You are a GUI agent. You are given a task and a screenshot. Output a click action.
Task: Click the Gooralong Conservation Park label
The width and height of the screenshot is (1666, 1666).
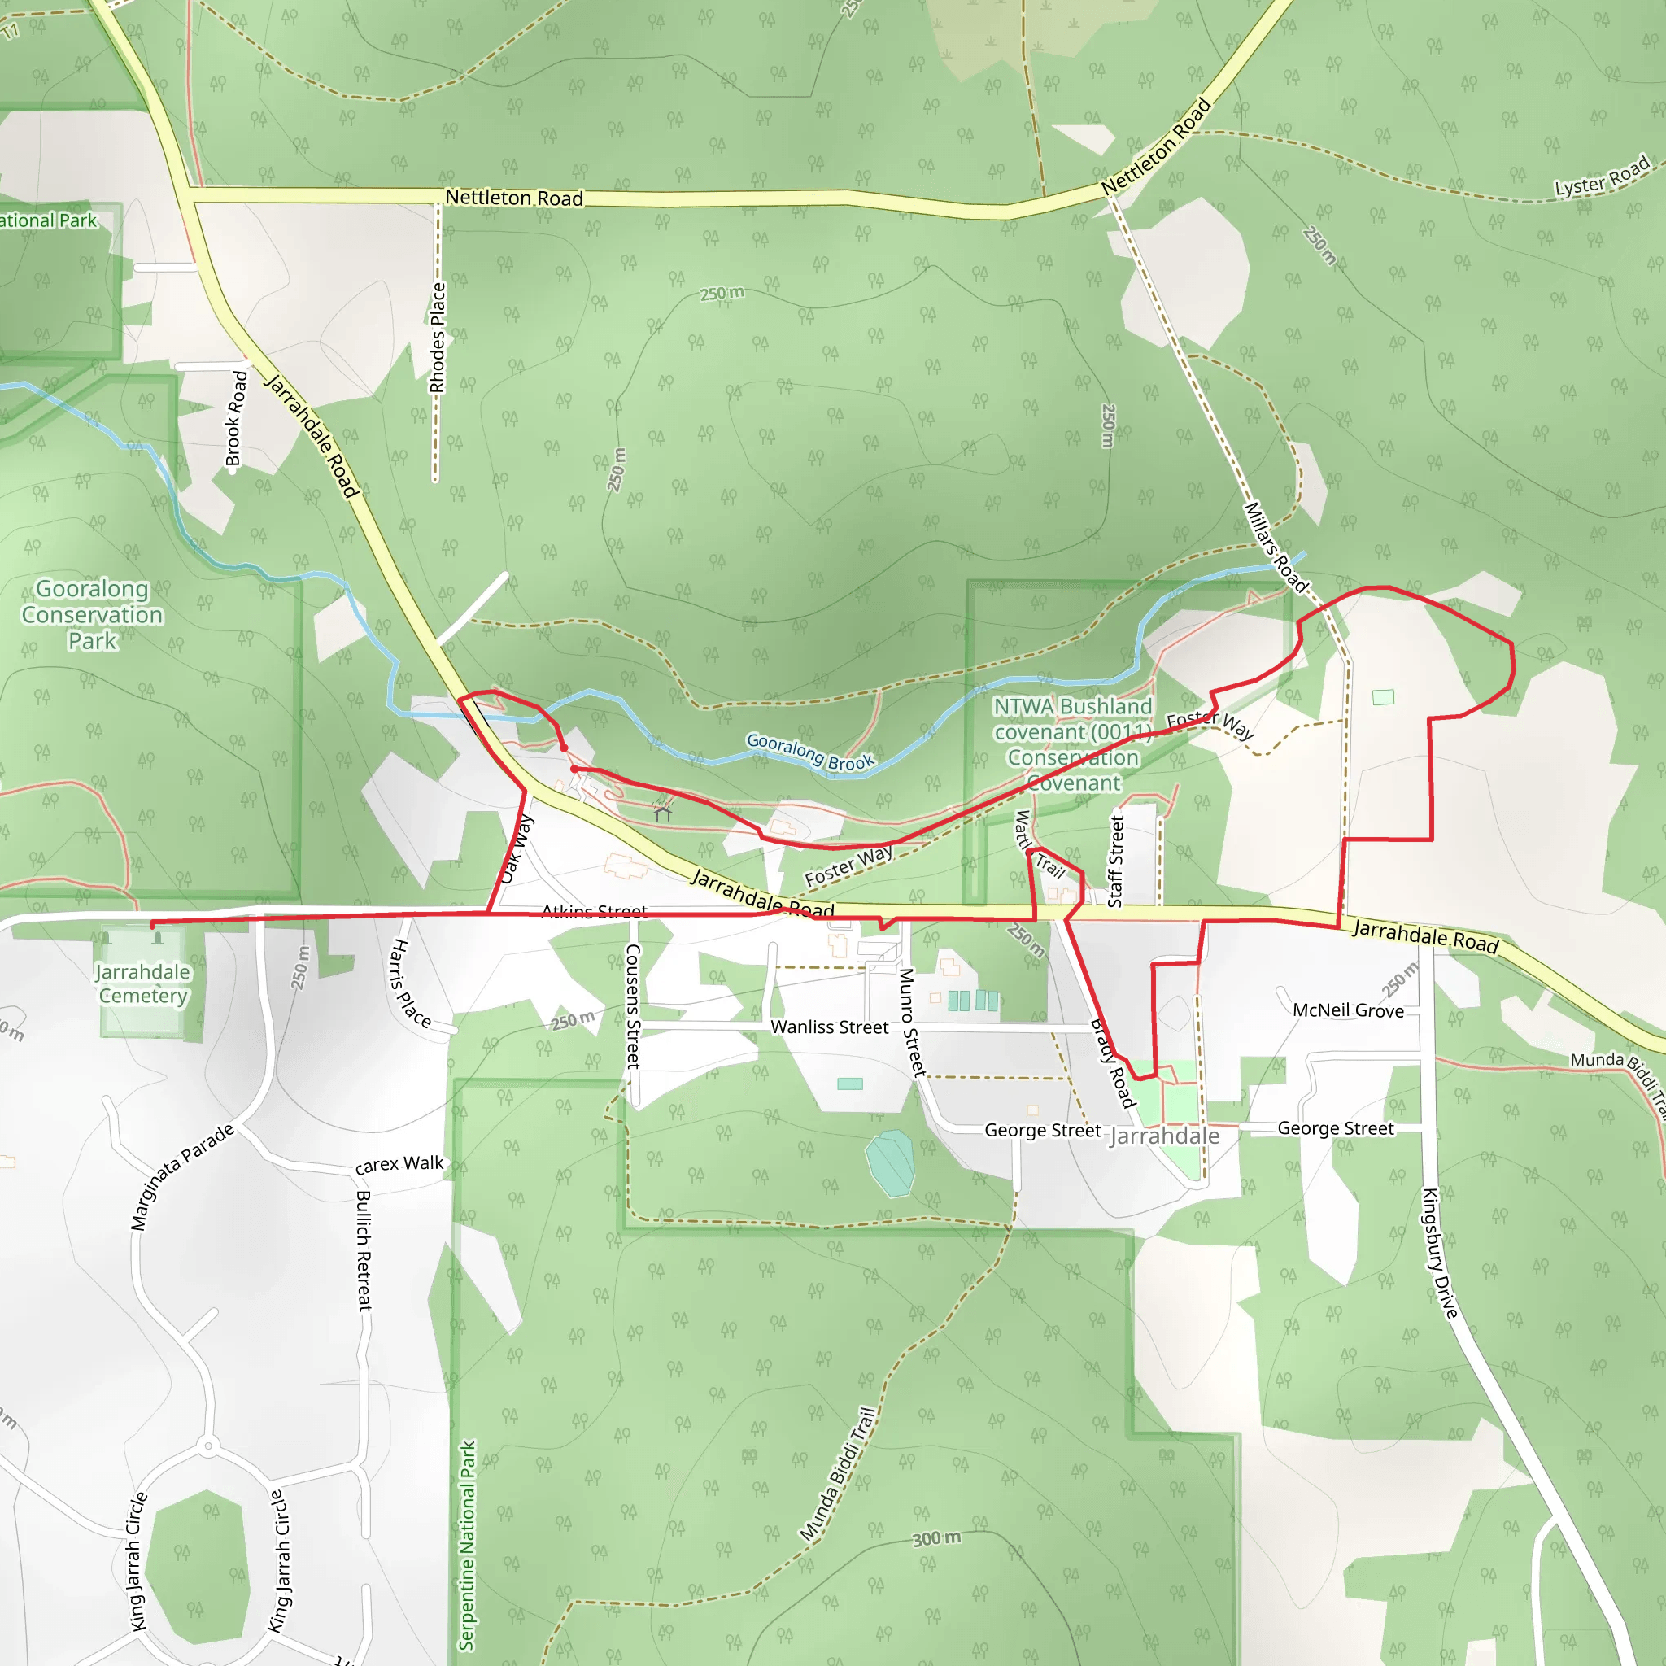coord(92,615)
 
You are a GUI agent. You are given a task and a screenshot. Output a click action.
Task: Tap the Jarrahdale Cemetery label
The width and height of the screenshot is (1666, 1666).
coord(142,984)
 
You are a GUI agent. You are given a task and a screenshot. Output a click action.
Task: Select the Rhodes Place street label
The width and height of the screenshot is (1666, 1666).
coord(438,337)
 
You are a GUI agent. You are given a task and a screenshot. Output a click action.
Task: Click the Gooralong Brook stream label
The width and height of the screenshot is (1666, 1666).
coord(809,752)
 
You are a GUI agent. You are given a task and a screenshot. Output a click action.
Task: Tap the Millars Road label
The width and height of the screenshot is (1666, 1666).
coord(1276,547)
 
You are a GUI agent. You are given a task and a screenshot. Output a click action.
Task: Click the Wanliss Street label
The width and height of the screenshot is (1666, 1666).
coord(829,1027)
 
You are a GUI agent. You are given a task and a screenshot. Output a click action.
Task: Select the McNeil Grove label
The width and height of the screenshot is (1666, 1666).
coord(1348,1010)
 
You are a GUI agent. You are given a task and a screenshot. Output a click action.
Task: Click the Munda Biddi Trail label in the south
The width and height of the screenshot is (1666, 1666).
coord(837,1475)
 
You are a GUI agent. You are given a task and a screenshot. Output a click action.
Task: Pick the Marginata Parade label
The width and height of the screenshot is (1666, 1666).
coord(182,1177)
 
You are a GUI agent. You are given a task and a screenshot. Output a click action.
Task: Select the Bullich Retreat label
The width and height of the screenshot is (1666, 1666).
coord(364,1250)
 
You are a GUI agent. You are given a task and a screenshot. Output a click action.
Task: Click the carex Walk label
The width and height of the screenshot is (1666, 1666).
coord(399,1164)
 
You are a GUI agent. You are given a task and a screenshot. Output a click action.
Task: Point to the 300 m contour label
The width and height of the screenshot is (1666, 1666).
coord(936,1538)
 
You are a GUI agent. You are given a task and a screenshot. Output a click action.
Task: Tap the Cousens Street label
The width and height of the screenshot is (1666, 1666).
coord(633,1005)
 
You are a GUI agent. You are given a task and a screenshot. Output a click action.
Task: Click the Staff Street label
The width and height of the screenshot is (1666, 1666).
coord(1116,861)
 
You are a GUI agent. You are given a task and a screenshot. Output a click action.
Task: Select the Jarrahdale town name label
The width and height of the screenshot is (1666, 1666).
coord(1164,1136)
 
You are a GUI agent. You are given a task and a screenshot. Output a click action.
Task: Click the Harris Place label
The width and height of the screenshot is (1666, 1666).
coord(411,983)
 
